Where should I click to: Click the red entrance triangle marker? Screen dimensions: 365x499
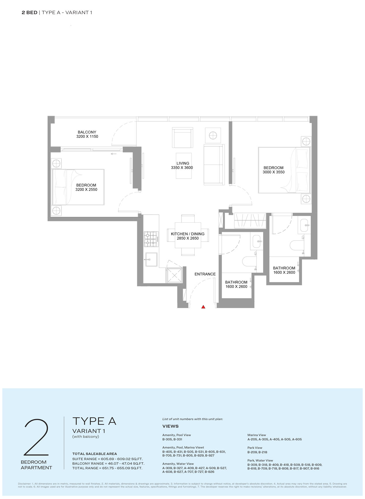203,307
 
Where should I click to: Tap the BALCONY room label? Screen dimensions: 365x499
87,132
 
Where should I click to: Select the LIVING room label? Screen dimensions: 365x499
183,163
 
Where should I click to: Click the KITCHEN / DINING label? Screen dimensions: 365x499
188,234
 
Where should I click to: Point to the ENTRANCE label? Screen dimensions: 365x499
205,274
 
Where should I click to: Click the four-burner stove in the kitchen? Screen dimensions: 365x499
151,239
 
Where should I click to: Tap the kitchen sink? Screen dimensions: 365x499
151,259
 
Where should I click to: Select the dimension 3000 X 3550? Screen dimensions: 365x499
273,172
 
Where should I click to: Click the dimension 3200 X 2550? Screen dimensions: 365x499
86,190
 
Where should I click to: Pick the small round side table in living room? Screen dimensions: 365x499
213,135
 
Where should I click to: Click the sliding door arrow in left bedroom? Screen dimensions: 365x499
113,154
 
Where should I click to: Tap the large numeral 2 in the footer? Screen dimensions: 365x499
36,437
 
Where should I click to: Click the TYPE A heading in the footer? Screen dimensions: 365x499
94,421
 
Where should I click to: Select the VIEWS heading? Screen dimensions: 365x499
170,426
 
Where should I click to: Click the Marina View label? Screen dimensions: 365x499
257,435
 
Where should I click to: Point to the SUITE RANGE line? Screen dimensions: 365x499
107,459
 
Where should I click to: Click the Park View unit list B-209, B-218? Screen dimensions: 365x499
257,452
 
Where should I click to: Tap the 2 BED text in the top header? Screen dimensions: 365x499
29,12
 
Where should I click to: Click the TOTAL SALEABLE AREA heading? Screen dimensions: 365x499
95,454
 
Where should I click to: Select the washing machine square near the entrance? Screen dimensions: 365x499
174,275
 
